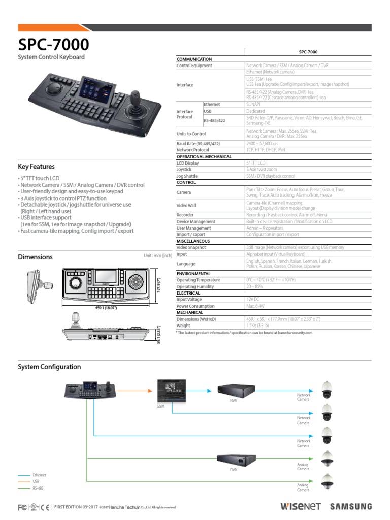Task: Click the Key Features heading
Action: [36, 167]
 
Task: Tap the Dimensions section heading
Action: [35, 257]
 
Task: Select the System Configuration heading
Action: [49, 367]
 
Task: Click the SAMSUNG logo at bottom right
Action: [350, 506]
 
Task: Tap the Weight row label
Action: [183, 326]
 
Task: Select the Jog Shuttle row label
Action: [187, 176]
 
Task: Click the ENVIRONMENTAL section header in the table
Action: [194, 273]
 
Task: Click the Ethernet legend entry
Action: [39, 475]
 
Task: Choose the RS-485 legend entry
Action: [38, 487]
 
